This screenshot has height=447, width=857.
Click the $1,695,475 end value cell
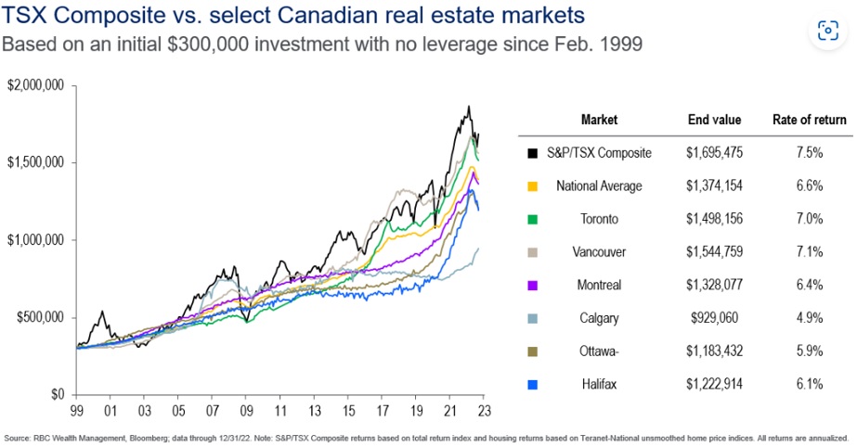tap(714, 153)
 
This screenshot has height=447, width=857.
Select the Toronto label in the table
tap(599, 219)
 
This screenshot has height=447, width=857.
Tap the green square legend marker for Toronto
tap(532, 220)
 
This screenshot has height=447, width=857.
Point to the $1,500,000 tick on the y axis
tap(36, 162)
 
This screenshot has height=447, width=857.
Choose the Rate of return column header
tap(809, 120)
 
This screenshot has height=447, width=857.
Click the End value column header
tap(714, 120)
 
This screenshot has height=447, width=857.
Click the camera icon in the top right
tap(825, 31)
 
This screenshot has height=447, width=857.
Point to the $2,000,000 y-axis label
tap(36, 85)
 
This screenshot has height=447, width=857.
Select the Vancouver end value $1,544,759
tap(714, 252)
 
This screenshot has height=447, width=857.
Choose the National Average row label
tap(599, 186)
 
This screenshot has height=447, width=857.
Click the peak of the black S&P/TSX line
tap(469, 107)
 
